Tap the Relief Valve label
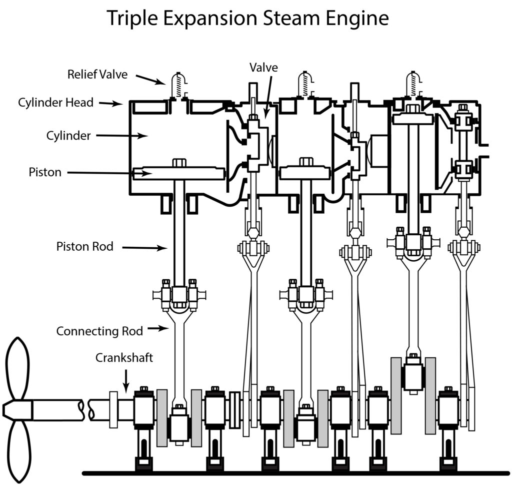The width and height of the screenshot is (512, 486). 97,75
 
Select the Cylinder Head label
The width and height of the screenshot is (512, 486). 56,103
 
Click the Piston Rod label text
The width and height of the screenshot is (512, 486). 85,246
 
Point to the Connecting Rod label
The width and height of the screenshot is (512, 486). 99,331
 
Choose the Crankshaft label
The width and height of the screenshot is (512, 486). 124,358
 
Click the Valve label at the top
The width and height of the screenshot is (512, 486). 264,68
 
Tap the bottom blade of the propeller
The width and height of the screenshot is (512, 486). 18,450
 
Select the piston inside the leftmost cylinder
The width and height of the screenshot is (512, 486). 178,173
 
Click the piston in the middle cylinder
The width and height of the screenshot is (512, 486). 304,173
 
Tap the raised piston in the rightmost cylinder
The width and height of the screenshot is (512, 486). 413,119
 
